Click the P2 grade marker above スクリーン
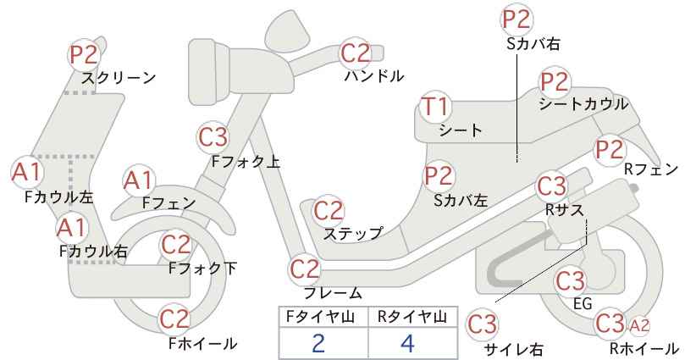click(x=84, y=55)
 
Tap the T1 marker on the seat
click(x=436, y=108)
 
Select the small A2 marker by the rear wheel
click(x=639, y=326)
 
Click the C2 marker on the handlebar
click(x=356, y=53)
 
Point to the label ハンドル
click(x=374, y=76)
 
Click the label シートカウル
click(x=583, y=104)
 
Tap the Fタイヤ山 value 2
click(x=318, y=343)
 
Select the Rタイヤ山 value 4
click(x=407, y=343)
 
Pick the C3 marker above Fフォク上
click(x=213, y=137)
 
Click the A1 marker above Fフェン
click(x=139, y=181)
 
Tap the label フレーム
click(x=333, y=293)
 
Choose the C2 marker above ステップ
click(x=329, y=211)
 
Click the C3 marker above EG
click(x=571, y=281)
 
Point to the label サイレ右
click(x=513, y=349)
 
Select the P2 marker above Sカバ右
click(x=517, y=19)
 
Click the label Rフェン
click(x=651, y=169)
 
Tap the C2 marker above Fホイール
click(x=175, y=319)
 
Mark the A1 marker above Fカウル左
click(x=26, y=172)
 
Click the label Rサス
click(x=565, y=210)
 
